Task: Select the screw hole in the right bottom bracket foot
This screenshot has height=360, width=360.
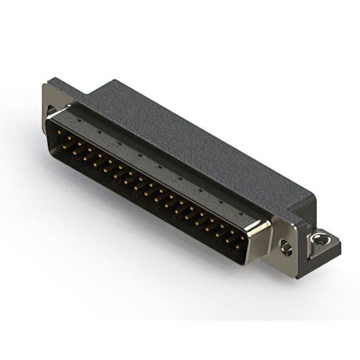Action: pos(320,238)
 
